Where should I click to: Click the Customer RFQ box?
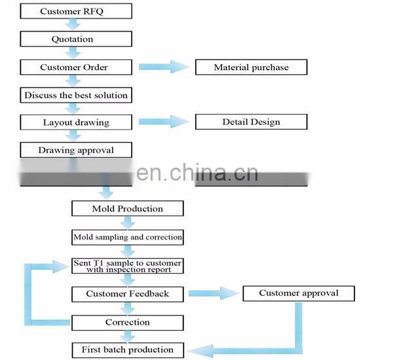[75, 11]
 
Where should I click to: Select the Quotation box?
[75, 39]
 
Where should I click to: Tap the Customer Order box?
[75, 67]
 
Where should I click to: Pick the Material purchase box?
[251, 67]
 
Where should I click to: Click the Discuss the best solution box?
[75, 96]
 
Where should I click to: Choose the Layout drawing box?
[75, 122]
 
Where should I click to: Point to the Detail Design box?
[251, 122]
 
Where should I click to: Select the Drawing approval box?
[75, 150]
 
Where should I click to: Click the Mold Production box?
[127, 209]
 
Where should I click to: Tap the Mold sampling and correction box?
[127, 237]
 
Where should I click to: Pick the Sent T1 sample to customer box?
[127, 266]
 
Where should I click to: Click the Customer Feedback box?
[127, 294]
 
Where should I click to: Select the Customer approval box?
[299, 293]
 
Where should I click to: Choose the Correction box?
[127, 322]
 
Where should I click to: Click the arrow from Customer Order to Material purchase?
[163, 67]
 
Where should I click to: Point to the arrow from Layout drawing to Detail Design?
[163, 122]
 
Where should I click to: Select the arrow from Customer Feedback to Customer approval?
[214, 294]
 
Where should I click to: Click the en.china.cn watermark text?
[197, 173]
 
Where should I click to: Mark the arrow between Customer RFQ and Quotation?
[75, 25]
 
